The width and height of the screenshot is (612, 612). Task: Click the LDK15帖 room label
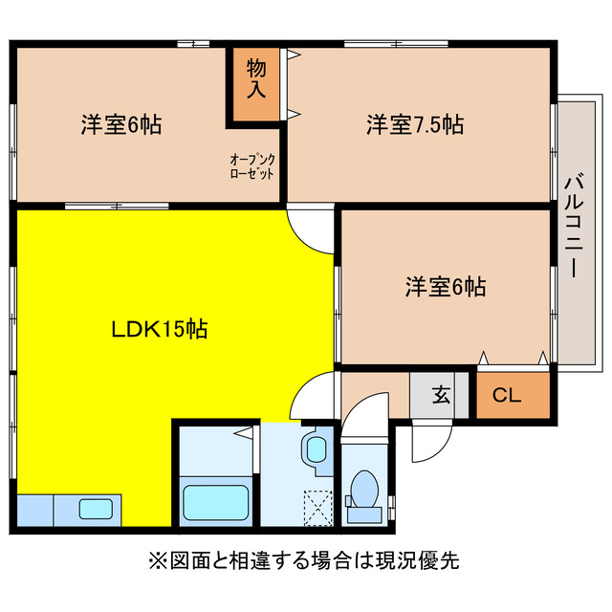click(160, 330)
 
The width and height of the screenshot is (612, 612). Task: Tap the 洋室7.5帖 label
click(415, 124)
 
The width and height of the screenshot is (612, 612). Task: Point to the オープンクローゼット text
click(252, 166)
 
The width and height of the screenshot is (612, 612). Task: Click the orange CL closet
click(514, 394)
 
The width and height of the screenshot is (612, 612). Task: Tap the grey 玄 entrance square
click(440, 394)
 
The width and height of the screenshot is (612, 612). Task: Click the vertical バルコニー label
click(574, 226)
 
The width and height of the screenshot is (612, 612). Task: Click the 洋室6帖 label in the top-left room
click(120, 124)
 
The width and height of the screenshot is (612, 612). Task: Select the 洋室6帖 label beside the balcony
click(446, 285)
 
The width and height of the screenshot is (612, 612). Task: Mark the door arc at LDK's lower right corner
click(314, 396)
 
